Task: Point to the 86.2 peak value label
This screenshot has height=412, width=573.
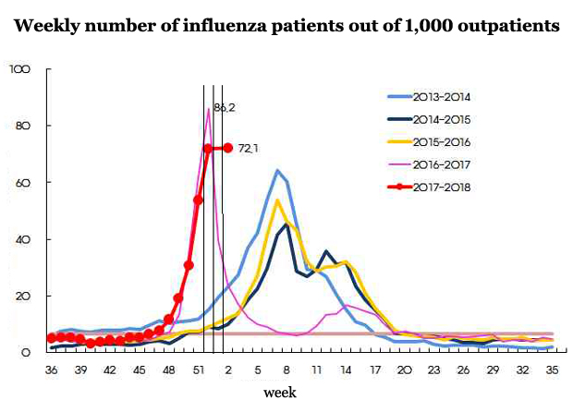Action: point(225,108)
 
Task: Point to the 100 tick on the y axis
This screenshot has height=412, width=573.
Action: point(20,70)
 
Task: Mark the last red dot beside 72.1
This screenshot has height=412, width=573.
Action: point(227,147)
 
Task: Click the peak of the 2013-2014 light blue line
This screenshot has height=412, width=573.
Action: point(277,171)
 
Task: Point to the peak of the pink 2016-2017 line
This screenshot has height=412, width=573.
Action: point(208,109)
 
